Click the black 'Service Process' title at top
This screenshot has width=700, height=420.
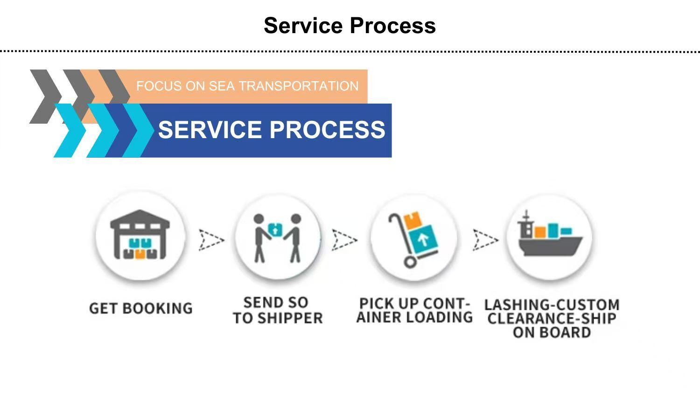(350, 26)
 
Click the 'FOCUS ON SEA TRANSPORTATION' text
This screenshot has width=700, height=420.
(247, 86)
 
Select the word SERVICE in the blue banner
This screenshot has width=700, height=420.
(210, 130)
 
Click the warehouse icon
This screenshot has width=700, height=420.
(140, 236)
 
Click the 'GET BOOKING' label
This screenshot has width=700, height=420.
(140, 308)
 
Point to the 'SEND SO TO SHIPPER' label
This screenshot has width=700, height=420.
(278, 310)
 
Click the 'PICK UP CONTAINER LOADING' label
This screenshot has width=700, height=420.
(414, 311)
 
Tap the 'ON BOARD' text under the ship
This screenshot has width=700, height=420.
(552, 333)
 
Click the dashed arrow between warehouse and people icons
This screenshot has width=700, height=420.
(211, 240)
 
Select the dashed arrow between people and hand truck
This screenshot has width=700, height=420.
(344, 240)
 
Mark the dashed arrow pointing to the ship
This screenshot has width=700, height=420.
(485, 240)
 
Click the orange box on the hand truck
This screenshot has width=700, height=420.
(413, 220)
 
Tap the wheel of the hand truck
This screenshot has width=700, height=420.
(410, 261)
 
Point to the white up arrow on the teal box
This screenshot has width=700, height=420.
(423, 240)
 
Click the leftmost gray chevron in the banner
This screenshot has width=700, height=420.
(45, 96)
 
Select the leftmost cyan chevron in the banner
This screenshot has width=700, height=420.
(70, 131)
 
